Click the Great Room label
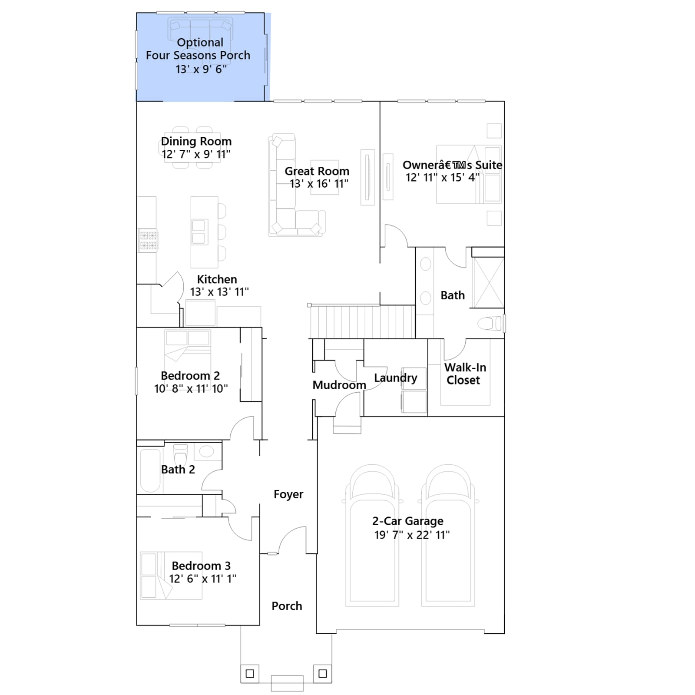pos(317,171)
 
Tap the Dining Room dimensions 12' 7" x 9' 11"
pos(196,154)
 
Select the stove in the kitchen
pos(148,240)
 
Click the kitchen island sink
pos(199,232)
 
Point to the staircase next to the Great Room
pos(362,321)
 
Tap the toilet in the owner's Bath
pos(490,323)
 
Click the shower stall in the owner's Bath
pos(488,282)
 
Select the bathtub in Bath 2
pos(150,470)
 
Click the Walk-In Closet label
pos(464,374)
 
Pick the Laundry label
pos(395,378)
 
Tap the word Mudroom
pos(339,385)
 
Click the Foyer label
pos(288,494)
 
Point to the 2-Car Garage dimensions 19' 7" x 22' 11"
pos(412,535)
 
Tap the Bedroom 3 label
pos(201,566)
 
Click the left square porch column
pos(250,674)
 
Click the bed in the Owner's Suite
pos(469,174)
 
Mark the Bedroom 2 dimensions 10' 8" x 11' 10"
pos(191,389)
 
